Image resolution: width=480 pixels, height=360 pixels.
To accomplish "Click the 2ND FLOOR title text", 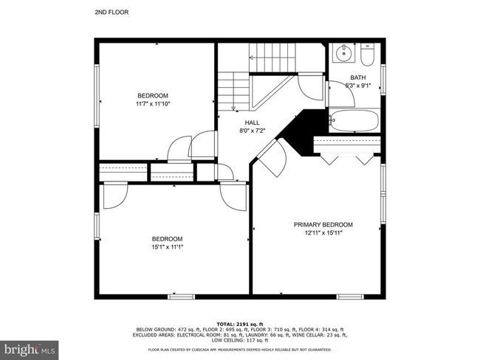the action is (x=112, y=13).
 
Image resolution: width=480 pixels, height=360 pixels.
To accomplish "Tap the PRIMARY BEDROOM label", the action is (x=323, y=224).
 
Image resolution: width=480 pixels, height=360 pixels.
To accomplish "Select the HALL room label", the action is (x=252, y=122).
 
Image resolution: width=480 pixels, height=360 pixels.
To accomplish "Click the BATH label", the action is (x=358, y=77).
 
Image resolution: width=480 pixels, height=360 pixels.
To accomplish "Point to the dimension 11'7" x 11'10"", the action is (x=153, y=104).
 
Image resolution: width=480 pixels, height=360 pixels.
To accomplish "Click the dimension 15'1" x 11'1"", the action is (x=167, y=247).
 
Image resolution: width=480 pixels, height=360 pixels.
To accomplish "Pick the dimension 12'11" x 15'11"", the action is (x=323, y=233).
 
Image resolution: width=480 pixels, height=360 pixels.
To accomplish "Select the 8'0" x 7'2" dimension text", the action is (x=252, y=131).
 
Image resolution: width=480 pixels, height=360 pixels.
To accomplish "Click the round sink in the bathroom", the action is (x=344, y=53).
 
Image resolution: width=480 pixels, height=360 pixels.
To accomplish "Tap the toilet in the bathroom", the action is (x=367, y=55).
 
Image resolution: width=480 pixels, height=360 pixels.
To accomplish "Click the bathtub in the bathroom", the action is (x=354, y=120).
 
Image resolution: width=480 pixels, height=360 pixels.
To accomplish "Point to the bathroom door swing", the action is (x=340, y=94).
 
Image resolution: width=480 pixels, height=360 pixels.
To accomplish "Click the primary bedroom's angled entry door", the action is (x=271, y=158).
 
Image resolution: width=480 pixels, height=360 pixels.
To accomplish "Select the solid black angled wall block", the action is (x=303, y=131).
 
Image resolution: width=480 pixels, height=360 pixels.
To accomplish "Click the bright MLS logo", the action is (x=29, y=350).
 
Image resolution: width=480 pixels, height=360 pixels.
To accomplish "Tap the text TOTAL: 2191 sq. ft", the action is (x=240, y=324).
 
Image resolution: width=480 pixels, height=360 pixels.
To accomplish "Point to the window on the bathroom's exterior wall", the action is (x=383, y=79).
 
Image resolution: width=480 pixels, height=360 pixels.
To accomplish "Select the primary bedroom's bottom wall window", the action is (x=350, y=297).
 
